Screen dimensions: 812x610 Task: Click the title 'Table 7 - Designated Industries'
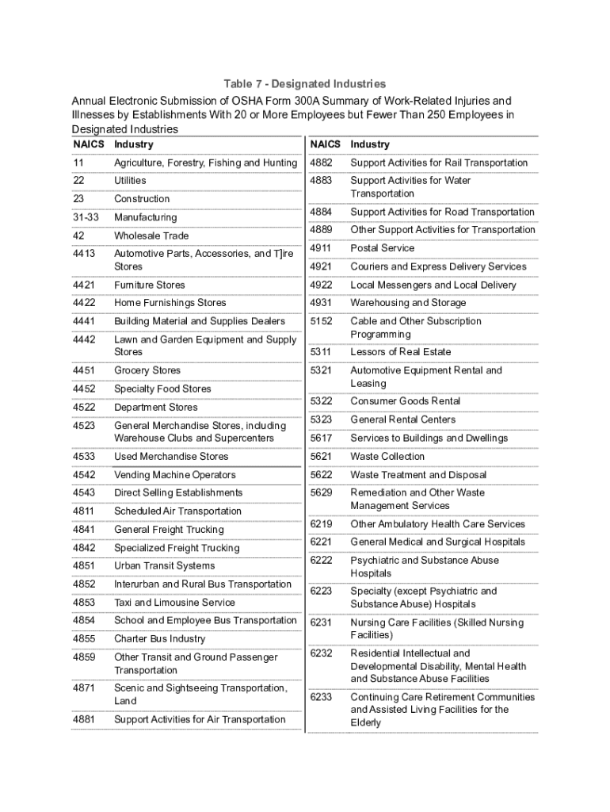(304, 83)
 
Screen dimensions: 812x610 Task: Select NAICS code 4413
(84, 254)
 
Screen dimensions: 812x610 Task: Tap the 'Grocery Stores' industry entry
(147, 370)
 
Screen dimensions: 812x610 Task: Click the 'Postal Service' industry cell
(383, 248)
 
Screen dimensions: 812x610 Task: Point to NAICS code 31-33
(86, 217)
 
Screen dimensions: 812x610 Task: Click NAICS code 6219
(321, 524)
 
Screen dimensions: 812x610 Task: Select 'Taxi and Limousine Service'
(174, 603)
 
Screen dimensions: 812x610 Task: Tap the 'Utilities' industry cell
(130, 181)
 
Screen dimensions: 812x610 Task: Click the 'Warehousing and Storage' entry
(408, 303)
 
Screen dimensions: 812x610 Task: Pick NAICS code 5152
(321, 321)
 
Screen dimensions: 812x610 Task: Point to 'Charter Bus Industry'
(159, 639)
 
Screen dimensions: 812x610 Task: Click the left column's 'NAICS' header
(86, 144)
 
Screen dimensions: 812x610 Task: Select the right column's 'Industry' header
(370, 144)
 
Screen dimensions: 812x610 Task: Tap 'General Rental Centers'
(403, 419)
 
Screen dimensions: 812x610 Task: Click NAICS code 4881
(84, 720)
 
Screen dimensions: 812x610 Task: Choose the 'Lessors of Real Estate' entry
(401, 352)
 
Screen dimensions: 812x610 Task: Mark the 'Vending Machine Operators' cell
(175, 475)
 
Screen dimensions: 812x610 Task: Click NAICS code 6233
(321, 697)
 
